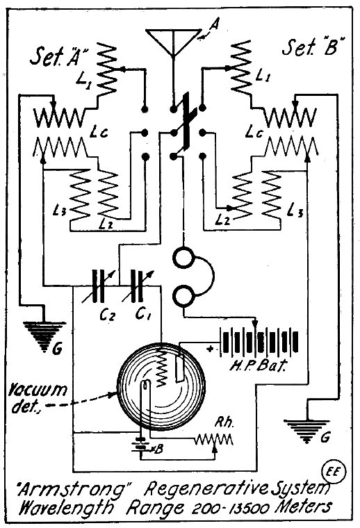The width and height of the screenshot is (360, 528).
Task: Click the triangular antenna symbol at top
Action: [172, 41]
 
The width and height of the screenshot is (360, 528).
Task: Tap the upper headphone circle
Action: [183, 258]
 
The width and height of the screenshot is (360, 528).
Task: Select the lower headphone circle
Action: [183, 296]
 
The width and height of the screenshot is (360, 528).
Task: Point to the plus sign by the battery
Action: [210, 349]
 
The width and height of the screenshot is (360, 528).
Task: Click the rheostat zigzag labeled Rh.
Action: [214, 439]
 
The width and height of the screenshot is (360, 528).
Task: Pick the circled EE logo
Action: [334, 472]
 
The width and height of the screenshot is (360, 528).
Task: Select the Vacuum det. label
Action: [38, 399]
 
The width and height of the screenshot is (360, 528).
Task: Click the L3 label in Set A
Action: [60, 211]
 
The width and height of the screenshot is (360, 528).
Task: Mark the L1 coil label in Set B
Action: [263, 76]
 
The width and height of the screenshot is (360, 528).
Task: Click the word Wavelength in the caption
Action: [66, 508]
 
